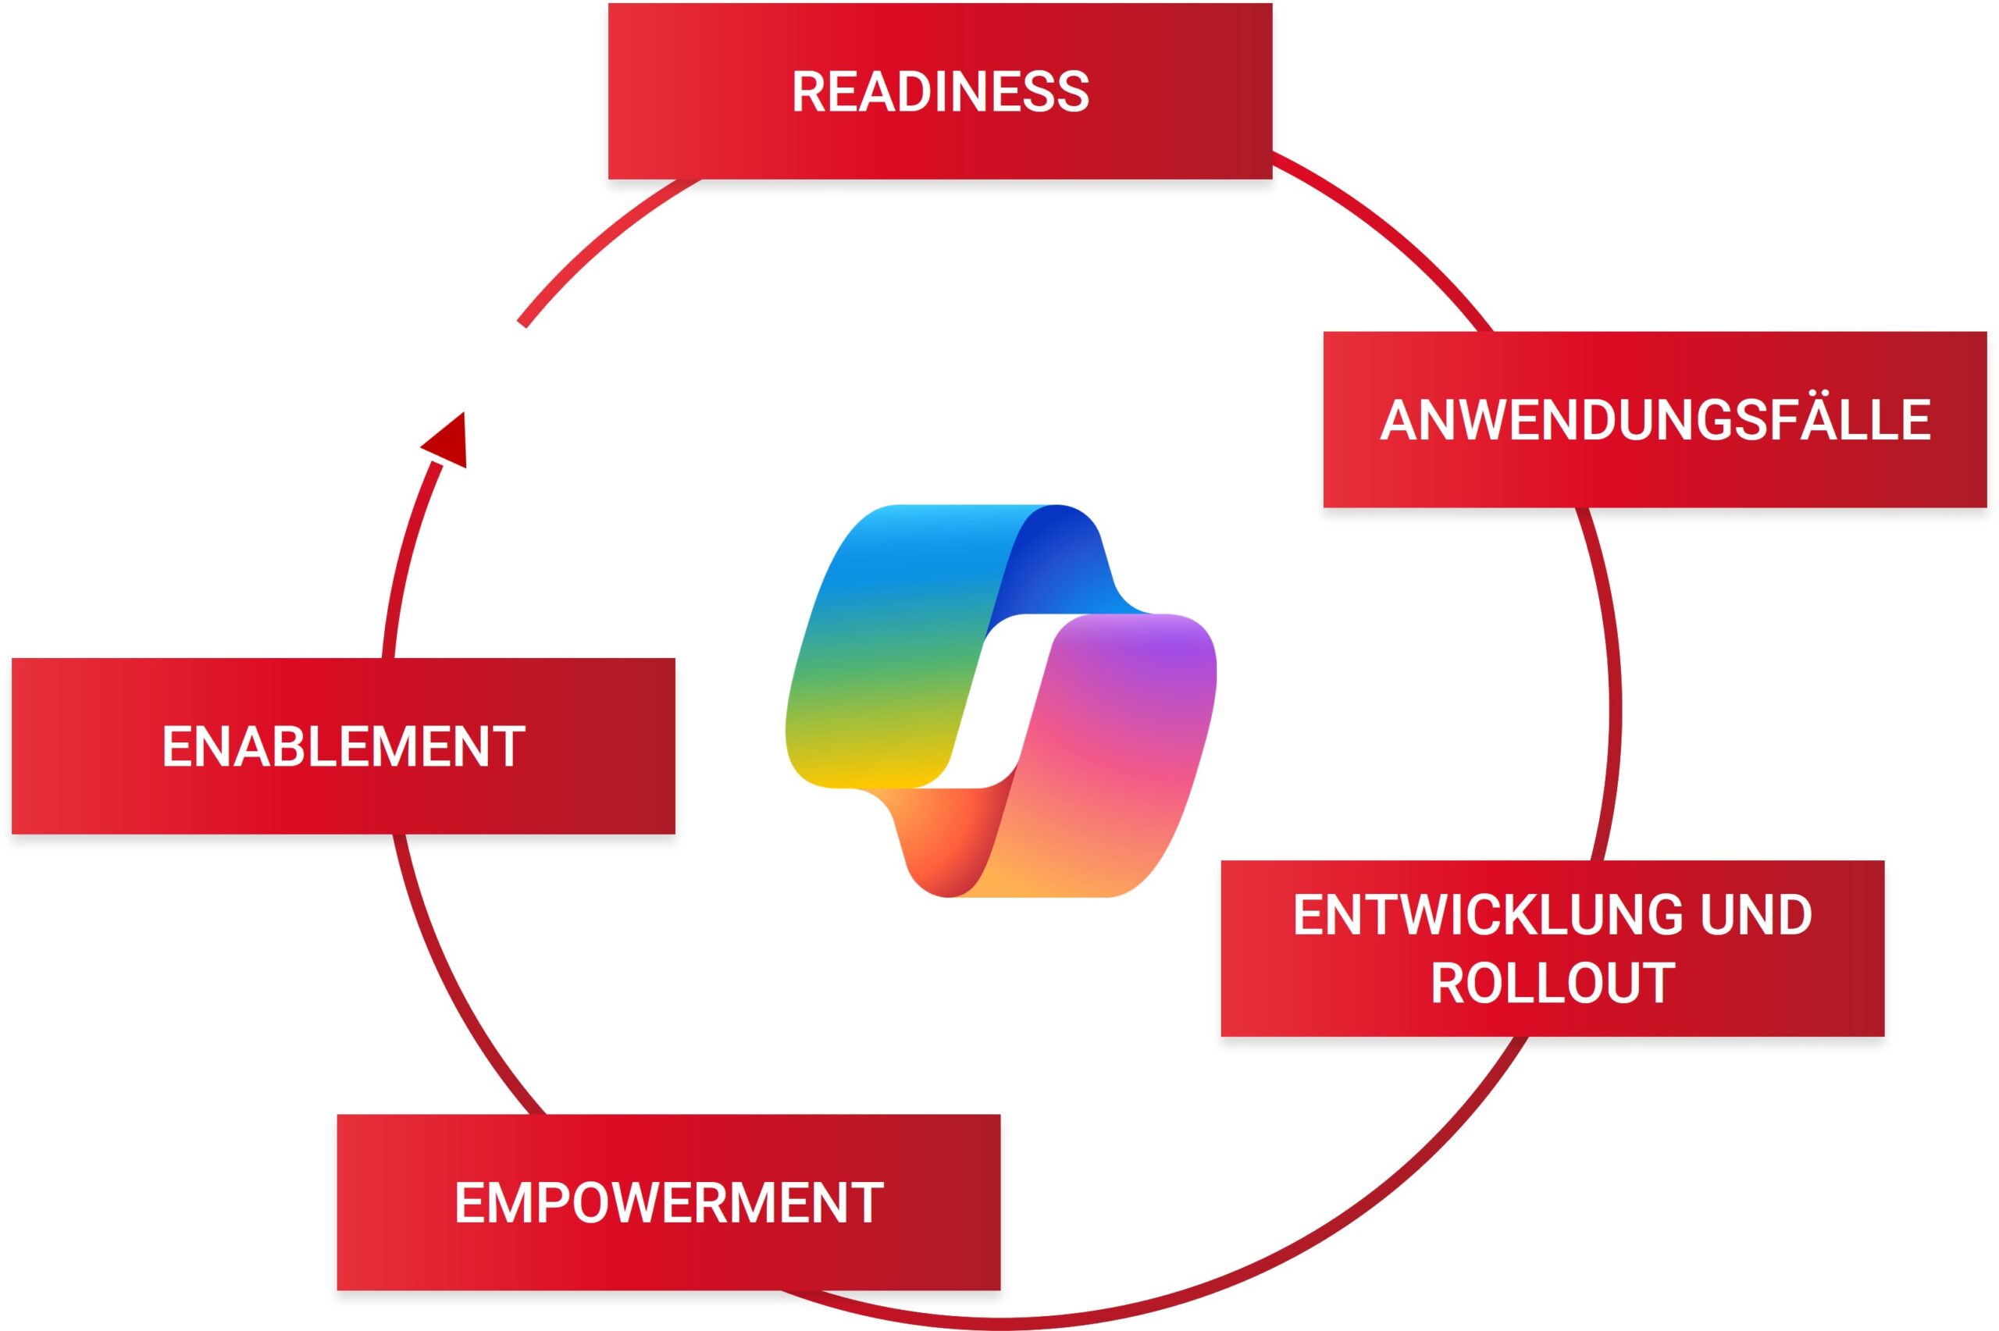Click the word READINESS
[x=939, y=91]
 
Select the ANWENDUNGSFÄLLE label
[x=1655, y=419]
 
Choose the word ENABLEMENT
[x=343, y=747]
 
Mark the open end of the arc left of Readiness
[x=523, y=322]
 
